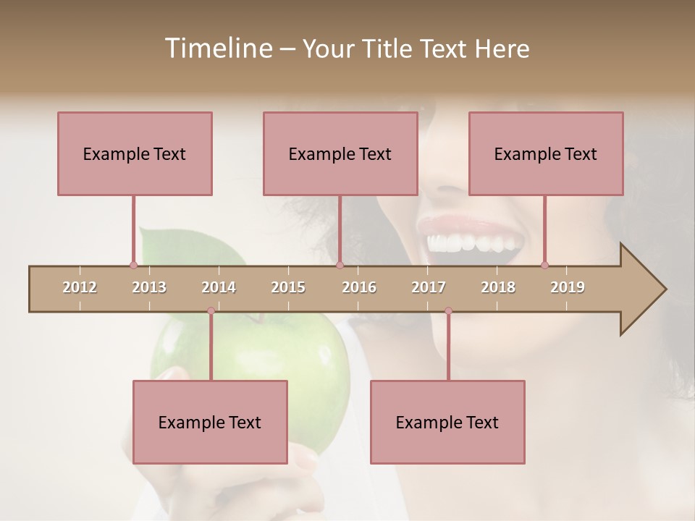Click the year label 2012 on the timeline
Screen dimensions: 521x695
click(x=80, y=287)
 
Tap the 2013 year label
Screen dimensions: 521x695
click(x=149, y=287)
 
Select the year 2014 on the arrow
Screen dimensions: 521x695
click(x=219, y=287)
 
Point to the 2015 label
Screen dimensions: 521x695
click(x=288, y=287)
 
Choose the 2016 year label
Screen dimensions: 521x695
click(x=359, y=287)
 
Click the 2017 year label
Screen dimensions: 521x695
click(x=429, y=287)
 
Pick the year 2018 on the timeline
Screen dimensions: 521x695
click(x=498, y=287)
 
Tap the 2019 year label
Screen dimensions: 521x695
click(x=568, y=287)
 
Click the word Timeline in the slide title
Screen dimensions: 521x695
click(x=217, y=48)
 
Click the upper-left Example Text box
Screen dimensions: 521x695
click(x=135, y=153)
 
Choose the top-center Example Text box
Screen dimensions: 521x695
click(x=340, y=153)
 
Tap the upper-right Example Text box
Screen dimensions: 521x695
click(x=546, y=153)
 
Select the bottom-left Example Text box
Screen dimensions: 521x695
click(x=210, y=422)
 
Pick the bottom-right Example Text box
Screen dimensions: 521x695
click(x=447, y=422)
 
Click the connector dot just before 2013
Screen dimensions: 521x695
click(x=133, y=266)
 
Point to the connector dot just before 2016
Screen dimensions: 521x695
click(x=340, y=266)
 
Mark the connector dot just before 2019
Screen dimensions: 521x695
click(x=544, y=266)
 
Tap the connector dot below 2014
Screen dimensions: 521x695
click(x=211, y=311)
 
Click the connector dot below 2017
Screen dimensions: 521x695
click(x=448, y=311)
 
